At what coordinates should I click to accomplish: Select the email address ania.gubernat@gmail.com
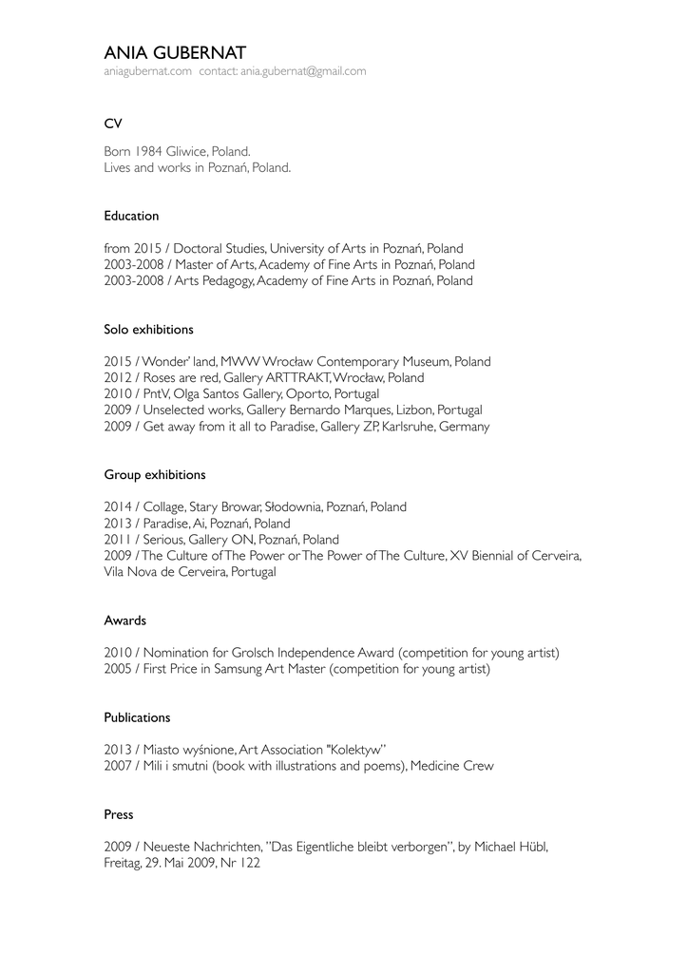click(302, 71)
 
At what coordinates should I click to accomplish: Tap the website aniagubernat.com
click(147, 71)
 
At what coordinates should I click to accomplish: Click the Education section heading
click(131, 216)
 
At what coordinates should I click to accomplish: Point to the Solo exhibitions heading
click(148, 330)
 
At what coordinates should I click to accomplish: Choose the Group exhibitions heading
click(154, 474)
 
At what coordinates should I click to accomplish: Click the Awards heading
click(124, 620)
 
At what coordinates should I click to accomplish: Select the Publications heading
click(137, 717)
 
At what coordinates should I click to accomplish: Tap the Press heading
click(119, 814)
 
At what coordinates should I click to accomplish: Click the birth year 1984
click(148, 152)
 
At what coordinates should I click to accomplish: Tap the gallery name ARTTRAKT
click(286, 378)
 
